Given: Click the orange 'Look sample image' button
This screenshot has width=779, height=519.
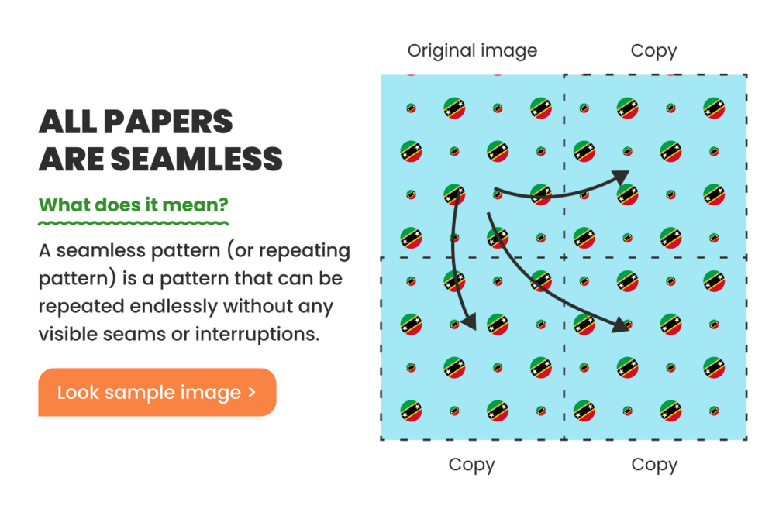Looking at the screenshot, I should click(157, 392).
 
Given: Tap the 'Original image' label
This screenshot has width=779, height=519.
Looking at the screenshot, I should click(472, 51).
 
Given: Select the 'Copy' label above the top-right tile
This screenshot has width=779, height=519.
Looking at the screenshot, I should click(653, 51).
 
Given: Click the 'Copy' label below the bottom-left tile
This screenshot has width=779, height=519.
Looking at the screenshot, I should click(471, 465).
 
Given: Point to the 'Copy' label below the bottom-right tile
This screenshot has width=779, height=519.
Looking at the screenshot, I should click(654, 465).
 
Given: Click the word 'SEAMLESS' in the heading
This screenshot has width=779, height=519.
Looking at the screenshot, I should click(196, 159).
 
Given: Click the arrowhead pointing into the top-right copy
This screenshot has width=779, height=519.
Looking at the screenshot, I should click(621, 177).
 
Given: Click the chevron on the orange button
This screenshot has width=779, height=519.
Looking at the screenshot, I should click(252, 392).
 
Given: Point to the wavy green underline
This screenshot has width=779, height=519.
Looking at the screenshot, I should click(133, 223).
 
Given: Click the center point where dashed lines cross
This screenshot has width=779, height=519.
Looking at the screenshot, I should click(564, 257).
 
